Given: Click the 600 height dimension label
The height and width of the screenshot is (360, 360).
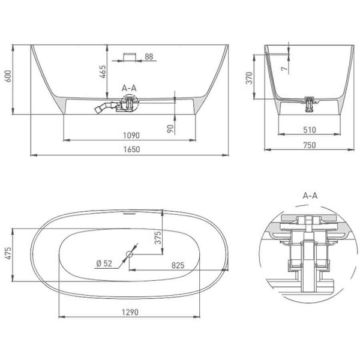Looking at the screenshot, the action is pos(8,76).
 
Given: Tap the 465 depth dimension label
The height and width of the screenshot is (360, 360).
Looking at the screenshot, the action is pos(103,71).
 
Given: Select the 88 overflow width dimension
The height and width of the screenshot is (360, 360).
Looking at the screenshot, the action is pos(149,56).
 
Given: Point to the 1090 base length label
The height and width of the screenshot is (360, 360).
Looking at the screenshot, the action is pos(131,135).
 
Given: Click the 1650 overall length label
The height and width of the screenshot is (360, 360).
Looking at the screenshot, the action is pos(131,149).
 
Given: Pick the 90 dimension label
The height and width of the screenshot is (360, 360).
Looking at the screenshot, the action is pos(170,129).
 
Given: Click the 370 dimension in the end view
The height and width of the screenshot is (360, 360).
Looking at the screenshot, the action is pos(249,78).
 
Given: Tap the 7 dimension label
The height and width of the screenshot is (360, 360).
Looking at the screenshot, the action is pos(284,68).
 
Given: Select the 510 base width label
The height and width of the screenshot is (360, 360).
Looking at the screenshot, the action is pos(309,130).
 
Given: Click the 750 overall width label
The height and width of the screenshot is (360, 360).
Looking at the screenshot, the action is pos(309,145).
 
